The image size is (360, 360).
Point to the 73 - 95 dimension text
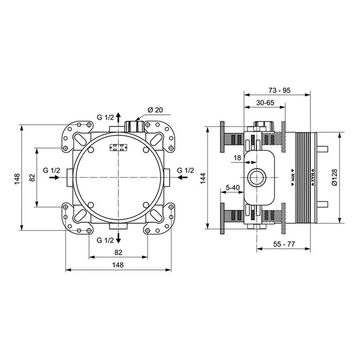278,90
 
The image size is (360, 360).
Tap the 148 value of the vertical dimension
18,177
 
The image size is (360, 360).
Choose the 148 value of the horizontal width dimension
117,265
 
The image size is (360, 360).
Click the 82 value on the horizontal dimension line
117,252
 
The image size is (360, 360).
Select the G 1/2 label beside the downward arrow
105,240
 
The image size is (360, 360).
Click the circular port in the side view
256,176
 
